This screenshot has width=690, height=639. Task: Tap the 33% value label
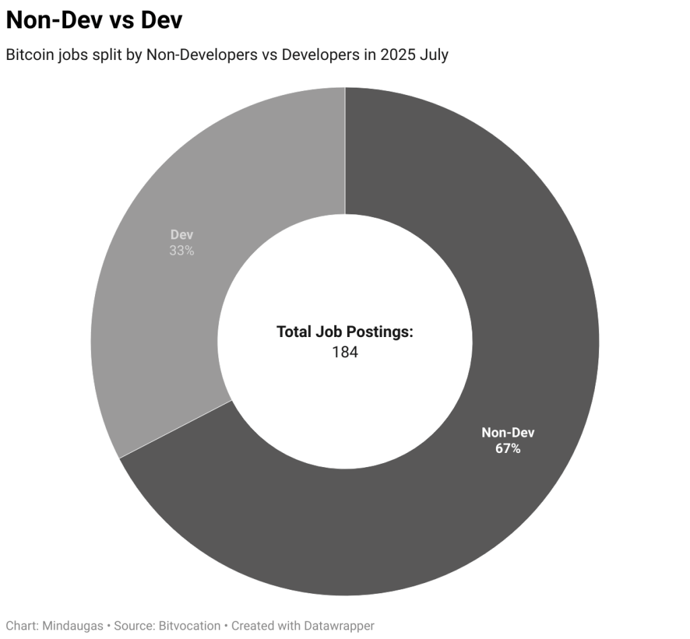pos(181,251)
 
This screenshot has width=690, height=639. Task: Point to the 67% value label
pos(507,448)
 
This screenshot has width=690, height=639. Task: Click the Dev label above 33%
pos(181,235)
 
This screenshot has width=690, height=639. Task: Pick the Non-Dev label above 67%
pos(507,433)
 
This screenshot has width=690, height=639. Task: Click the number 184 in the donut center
pos(344,352)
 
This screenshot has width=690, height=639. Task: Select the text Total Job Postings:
pos(344,332)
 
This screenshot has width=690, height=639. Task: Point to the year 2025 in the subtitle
pos(398,55)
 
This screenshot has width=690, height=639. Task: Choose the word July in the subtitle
pos(434,55)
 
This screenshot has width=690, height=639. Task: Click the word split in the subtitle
pos(101,55)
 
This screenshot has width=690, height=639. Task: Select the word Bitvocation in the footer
pos(190,626)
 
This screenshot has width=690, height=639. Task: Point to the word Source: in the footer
pos(134,626)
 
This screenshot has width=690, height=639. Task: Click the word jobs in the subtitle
pos(68,55)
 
